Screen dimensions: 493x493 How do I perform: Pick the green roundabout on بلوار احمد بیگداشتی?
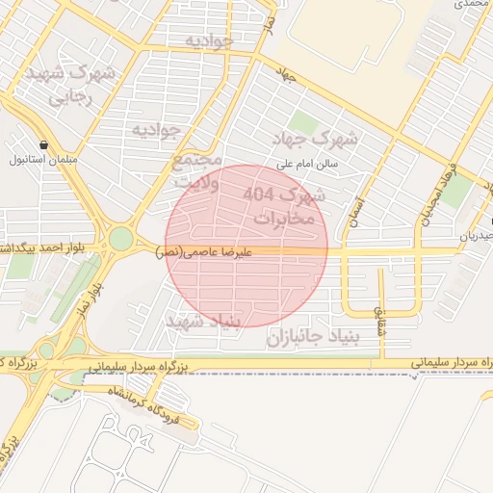120,238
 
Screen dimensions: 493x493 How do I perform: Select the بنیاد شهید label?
206,321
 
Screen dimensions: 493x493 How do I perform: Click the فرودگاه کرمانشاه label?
142,403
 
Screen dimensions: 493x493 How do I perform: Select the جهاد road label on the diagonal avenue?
286,74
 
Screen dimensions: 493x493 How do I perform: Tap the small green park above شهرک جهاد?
304,122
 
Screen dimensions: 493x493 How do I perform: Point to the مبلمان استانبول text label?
44,160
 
